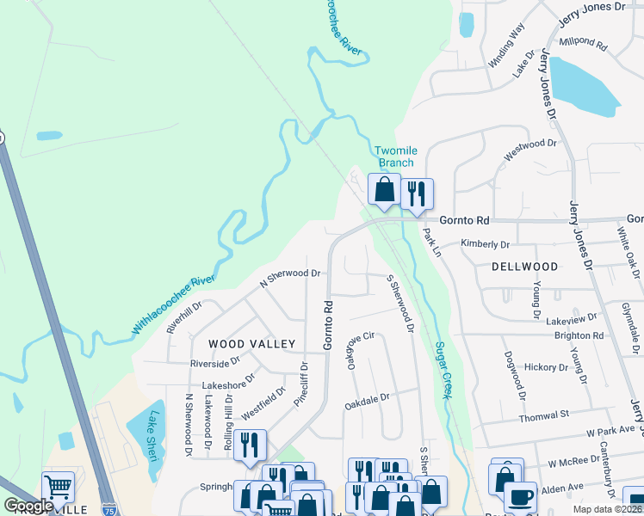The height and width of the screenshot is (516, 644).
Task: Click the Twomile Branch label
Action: click(x=396, y=157)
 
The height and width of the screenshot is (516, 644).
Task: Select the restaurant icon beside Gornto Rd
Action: click(x=417, y=193)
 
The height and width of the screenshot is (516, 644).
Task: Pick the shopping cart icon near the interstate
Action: click(x=58, y=487)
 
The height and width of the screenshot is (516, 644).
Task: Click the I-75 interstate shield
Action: click(x=109, y=508)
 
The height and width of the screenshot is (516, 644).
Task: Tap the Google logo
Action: click(x=28, y=506)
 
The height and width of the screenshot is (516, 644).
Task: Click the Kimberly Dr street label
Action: click(x=486, y=243)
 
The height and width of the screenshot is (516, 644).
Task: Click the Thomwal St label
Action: click(x=544, y=416)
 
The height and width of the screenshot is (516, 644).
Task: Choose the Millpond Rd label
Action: click(x=583, y=41)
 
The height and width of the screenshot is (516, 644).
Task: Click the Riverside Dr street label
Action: click(x=215, y=363)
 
